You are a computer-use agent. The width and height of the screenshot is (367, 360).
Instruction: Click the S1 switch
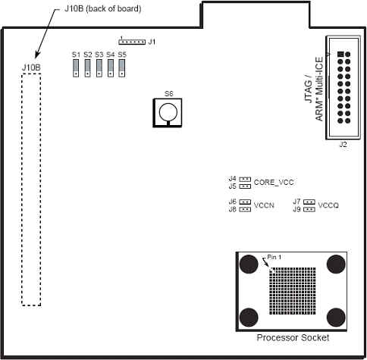pyautogui.click(x=76, y=68)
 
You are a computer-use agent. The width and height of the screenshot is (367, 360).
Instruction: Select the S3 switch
pyautogui.click(x=99, y=68)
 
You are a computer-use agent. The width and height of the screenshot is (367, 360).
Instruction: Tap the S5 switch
pyautogui.click(x=122, y=68)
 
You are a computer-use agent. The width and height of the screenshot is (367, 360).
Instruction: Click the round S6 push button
pyautogui.click(x=168, y=112)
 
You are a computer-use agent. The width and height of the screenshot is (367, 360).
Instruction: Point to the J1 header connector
pyautogui.click(x=132, y=42)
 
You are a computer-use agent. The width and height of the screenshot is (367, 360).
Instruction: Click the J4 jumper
pyautogui.click(x=245, y=179)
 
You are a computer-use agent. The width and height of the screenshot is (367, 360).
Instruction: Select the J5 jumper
pyautogui.click(x=245, y=186)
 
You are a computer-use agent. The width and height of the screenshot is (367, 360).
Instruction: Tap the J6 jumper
pyautogui.click(x=245, y=202)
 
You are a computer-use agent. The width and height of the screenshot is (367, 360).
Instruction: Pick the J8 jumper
pyautogui.click(x=245, y=209)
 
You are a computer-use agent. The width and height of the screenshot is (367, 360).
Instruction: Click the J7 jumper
pyautogui.click(x=309, y=202)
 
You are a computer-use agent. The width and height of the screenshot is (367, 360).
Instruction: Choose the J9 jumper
pyautogui.click(x=309, y=209)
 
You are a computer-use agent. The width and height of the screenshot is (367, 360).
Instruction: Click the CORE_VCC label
pyautogui.click(x=274, y=183)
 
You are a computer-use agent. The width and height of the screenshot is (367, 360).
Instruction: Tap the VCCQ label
pyautogui.click(x=328, y=205)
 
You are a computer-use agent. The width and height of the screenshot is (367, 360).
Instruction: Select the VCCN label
pyautogui.click(x=264, y=205)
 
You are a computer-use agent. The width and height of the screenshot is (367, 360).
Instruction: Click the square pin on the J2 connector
pyautogui.click(x=340, y=54)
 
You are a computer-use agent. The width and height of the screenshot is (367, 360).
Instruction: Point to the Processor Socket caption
pyautogui.click(x=293, y=337)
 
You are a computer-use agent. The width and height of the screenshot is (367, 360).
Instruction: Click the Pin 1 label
pyautogui.click(x=274, y=257)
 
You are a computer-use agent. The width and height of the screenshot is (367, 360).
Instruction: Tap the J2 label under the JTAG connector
pyautogui.click(x=343, y=145)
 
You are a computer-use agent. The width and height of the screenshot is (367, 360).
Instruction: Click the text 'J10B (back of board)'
pyautogui.click(x=103, y=8)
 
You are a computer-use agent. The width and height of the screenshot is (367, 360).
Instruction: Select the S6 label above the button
pyautogui.click(x=169, y=94)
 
